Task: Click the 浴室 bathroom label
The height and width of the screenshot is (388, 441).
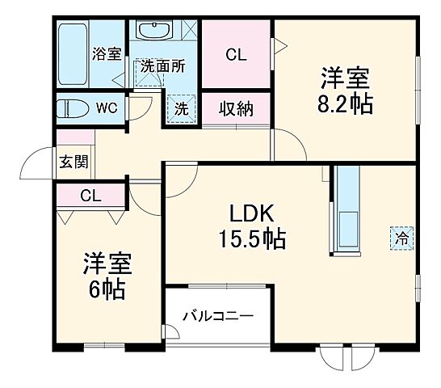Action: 107,55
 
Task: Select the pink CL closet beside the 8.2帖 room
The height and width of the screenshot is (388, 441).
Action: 235,55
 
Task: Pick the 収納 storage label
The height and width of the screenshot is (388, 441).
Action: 235,108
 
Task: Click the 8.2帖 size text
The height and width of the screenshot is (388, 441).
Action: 345,104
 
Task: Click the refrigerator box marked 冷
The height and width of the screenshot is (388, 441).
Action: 401,238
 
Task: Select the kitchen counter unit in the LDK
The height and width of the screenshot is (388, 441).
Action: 347,211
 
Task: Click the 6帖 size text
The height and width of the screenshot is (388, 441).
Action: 106,289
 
